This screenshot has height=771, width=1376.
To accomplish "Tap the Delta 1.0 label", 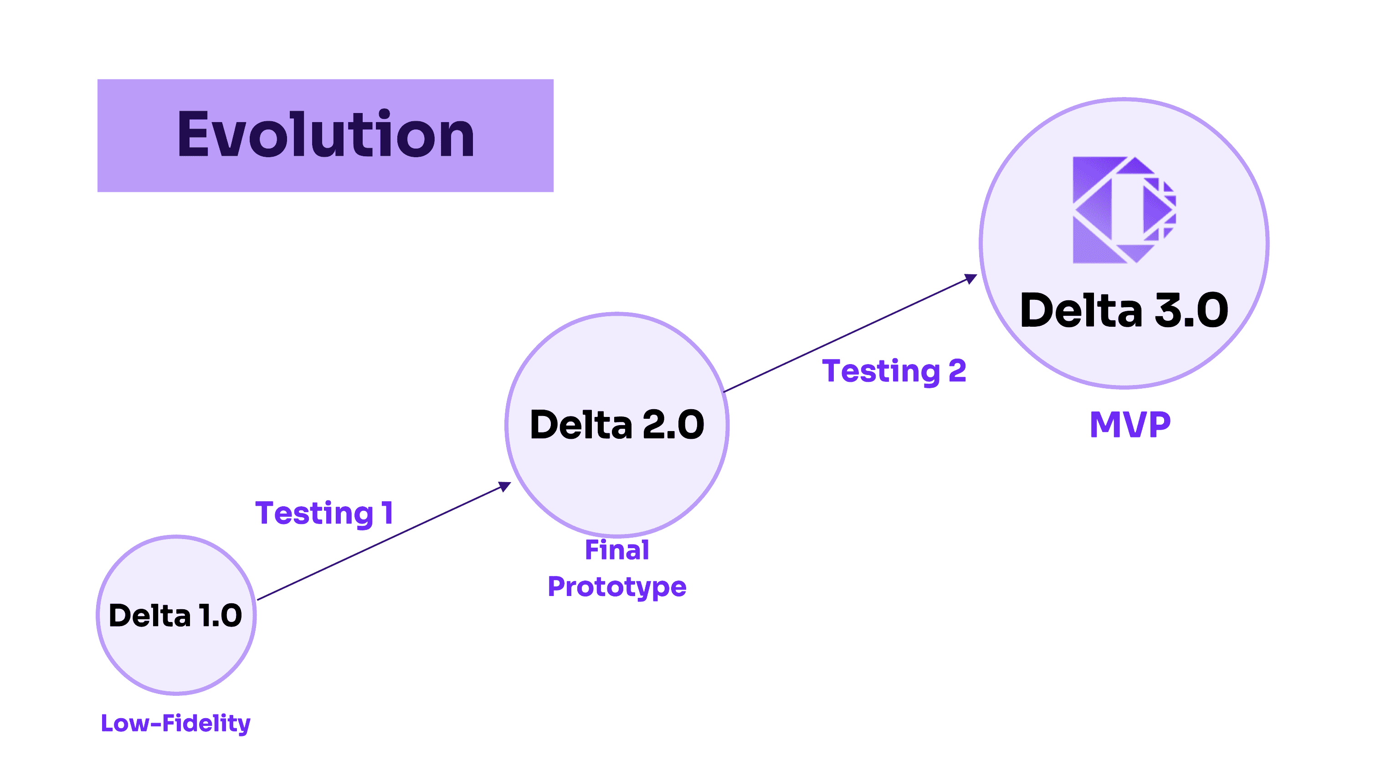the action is tap(175, 615).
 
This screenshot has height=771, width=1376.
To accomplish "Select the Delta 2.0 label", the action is tap(617, 425).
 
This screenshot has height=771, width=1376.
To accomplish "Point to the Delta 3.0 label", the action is tap(1124, 310).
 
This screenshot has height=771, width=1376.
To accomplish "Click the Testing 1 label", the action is tap(324, 513).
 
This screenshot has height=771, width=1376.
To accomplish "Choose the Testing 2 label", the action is tap(894, 371).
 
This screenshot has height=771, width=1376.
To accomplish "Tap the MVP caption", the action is tap(1130, 425).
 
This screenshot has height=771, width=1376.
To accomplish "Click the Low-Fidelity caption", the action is tap(175, 724).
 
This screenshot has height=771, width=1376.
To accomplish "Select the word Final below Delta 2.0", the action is tap(617, 550).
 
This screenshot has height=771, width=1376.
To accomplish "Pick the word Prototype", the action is tap(617, 586).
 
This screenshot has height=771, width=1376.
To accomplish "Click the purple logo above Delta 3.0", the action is tap(1124, 210).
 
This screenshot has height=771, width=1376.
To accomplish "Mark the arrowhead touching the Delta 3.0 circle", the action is tap(971, 278).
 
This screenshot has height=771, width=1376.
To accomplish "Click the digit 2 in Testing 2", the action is tap(957, 370).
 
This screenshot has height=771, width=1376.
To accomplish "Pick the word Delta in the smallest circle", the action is tap(149, 615).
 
